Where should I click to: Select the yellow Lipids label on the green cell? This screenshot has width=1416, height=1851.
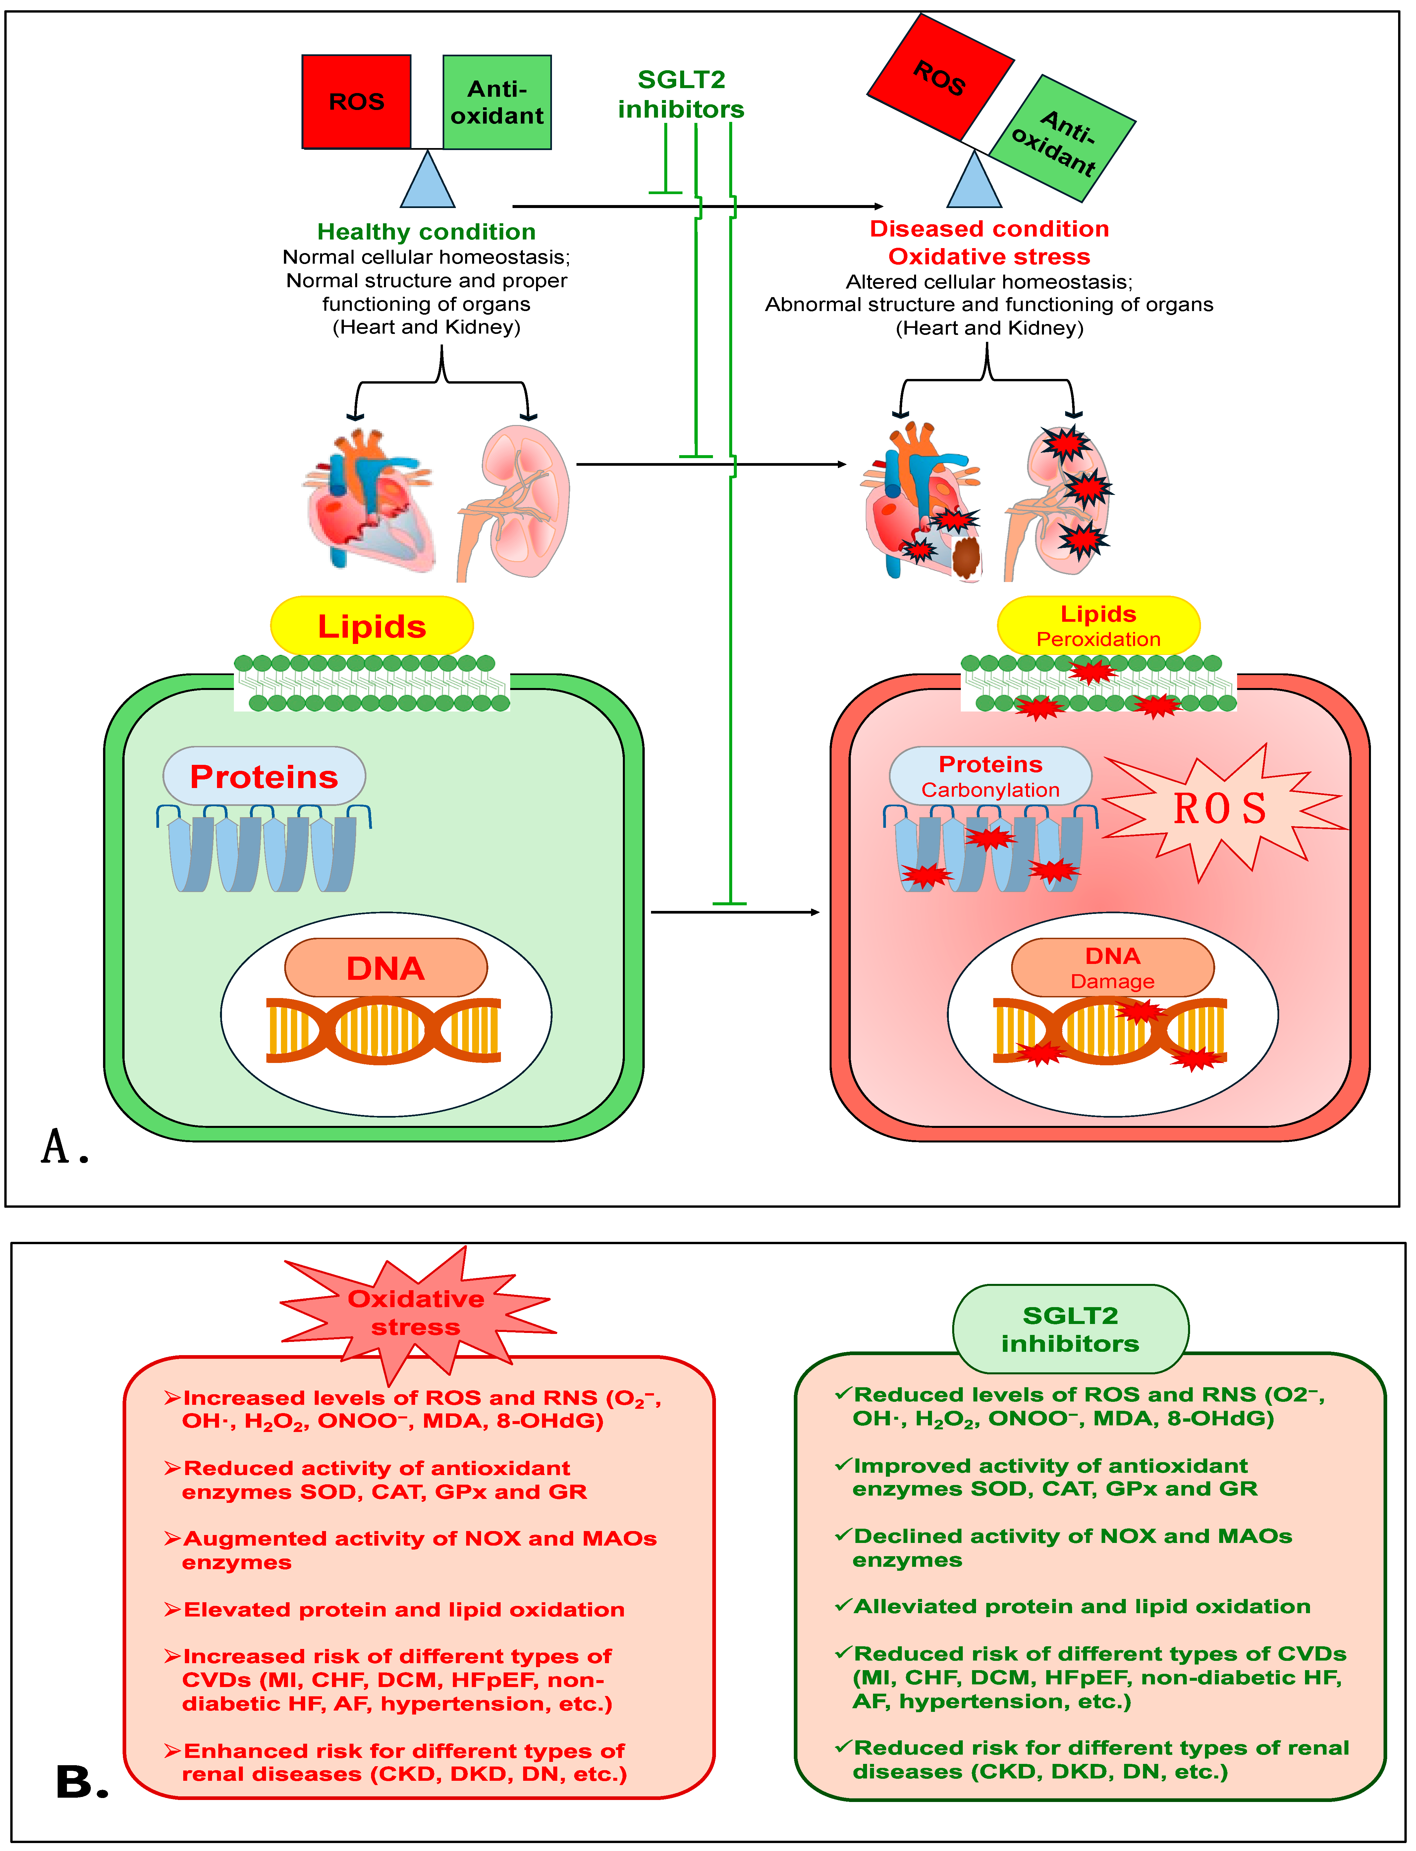372,626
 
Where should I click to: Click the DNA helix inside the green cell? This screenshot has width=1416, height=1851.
384,1030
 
